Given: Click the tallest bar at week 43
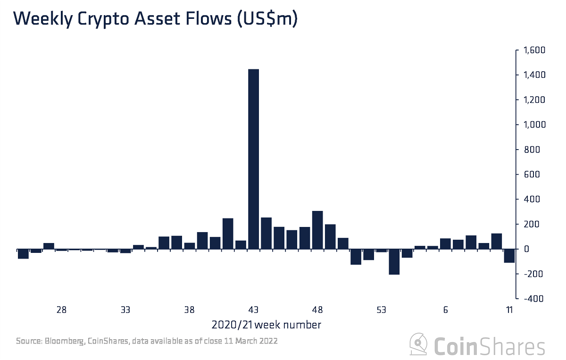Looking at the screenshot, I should point(253,159).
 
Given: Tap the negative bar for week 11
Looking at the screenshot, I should point(509,255).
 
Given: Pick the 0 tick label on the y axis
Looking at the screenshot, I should point(527,249).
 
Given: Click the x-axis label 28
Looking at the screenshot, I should point(61,310).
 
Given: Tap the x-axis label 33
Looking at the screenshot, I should point(125,310).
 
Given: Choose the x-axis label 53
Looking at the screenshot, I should point(382,310).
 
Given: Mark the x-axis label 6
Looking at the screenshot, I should point(445,310).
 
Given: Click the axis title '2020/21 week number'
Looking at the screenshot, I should point(266,325).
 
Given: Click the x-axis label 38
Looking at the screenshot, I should point(189,310).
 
